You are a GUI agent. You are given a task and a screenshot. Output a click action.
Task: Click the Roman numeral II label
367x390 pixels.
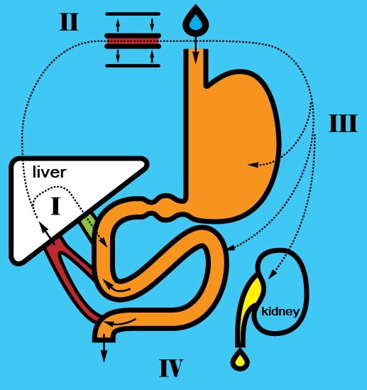tap(70, 22)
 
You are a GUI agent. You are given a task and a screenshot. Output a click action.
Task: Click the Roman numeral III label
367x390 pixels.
tap(344, 123)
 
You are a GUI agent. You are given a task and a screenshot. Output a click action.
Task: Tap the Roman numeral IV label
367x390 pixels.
tap(171, 368)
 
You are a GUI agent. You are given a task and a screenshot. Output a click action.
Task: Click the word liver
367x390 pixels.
tap(50, 172)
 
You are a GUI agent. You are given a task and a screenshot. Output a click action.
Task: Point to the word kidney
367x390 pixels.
tap(280, 312)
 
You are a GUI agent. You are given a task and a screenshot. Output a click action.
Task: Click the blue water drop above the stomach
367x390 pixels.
tap(196, 21)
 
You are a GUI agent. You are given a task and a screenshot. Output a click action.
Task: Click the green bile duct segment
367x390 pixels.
tap(87, 225)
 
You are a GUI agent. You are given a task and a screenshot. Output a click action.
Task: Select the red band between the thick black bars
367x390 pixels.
tap(133, 41)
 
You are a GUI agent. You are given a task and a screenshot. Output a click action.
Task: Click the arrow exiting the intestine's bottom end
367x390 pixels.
tap(104, 348)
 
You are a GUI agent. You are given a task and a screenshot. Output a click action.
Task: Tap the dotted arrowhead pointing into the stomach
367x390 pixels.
tap(253, 164)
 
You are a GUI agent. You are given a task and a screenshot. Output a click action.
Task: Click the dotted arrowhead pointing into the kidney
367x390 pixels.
tap(272, 274)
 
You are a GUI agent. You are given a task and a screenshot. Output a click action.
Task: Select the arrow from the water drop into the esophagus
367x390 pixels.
tap(196, 50)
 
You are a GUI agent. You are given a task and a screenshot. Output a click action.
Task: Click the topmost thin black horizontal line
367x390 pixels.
tap(133, 14)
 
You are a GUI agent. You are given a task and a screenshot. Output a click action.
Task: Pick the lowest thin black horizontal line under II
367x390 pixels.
tap(133, 65)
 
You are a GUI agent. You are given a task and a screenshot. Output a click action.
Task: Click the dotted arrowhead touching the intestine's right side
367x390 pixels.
tap(231, 248)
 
